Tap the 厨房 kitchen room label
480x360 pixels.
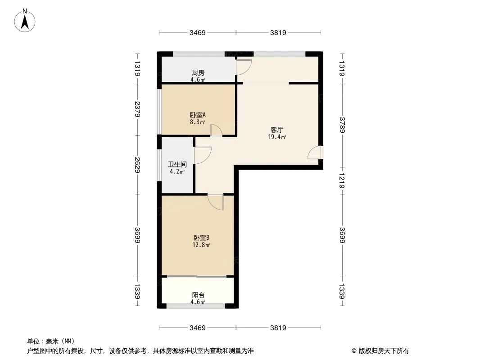tap(198, 73)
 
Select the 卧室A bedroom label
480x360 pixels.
tap(198, 115)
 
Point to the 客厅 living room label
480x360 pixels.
tap(277, 130)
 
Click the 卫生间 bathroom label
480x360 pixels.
tap(177, 165)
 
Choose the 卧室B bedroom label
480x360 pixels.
tap(201, 238)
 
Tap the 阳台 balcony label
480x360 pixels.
tap(198, 295)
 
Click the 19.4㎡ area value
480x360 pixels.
tap(277, 137)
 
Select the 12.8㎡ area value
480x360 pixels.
tap(201, 245)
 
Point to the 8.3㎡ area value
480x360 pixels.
tap(198, 122)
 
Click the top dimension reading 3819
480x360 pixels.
tap(278, 33)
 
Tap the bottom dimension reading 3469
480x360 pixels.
tap(198, 328)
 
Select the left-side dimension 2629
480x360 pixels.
tap(137, 165)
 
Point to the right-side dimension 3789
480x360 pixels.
tap(342, 125)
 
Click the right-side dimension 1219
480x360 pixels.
tap(342, 180)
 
